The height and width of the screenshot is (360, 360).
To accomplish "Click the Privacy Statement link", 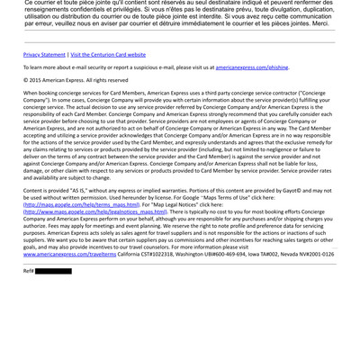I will [44, 55].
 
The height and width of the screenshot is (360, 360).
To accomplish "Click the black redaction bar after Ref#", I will [53, 270].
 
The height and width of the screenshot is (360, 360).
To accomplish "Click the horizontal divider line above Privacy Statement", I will [179, 42].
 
